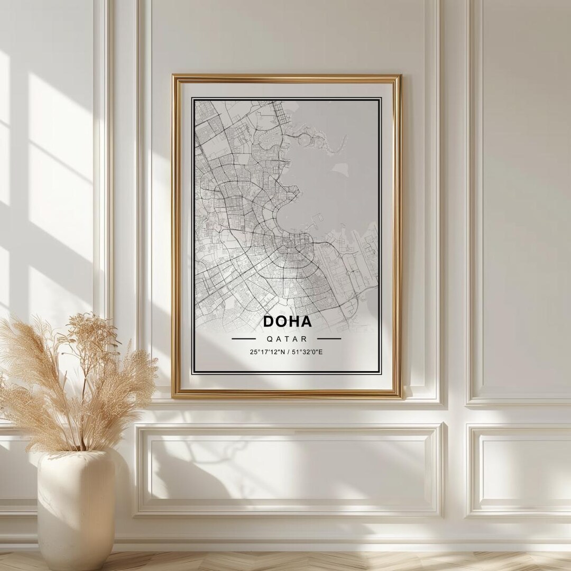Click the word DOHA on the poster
(x=287, y=321)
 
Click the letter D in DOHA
(x=269, y=321)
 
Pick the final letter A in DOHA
(x=306, y=321)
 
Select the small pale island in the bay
(x=340, y=170)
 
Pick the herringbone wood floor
(x=317, y=561)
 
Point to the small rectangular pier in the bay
(x=319, y=217)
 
